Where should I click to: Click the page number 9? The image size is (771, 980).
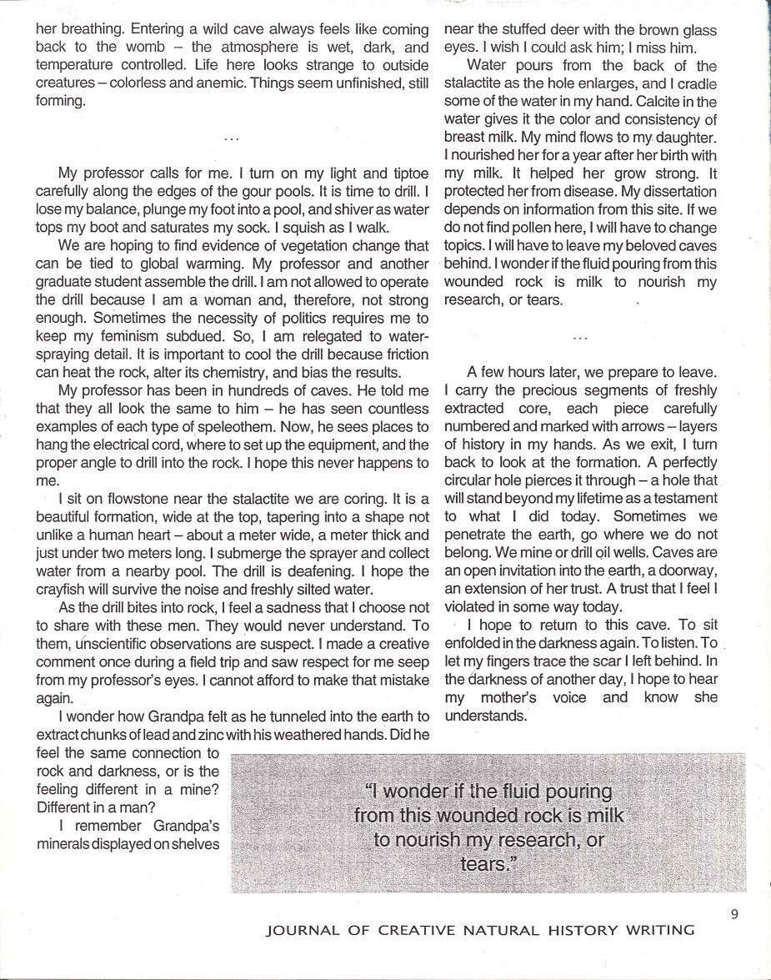click(x=734, y=914)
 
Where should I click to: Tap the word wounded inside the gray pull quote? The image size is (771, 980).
click(x=488, y=815)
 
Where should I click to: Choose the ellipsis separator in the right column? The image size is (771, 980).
click(x=582, y=338)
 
